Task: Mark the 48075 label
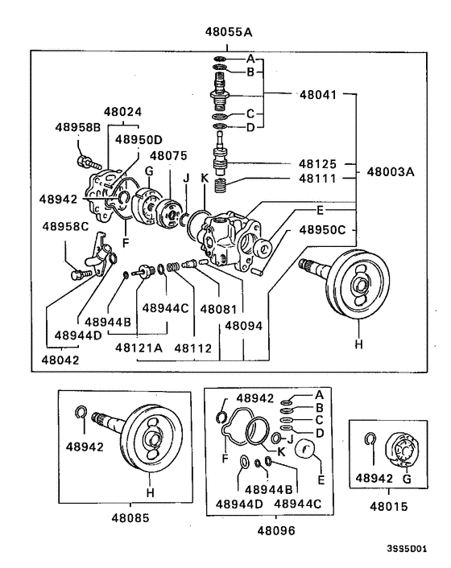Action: (x=168, y=155)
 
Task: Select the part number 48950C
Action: (x=322, y=229)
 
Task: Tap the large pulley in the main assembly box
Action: (x=354, y=286)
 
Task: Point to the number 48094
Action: (x=243, y=326)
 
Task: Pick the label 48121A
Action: (x=139, y=348)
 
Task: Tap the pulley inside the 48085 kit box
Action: (x=151, y=441)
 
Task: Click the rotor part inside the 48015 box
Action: (x=397, y=451)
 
